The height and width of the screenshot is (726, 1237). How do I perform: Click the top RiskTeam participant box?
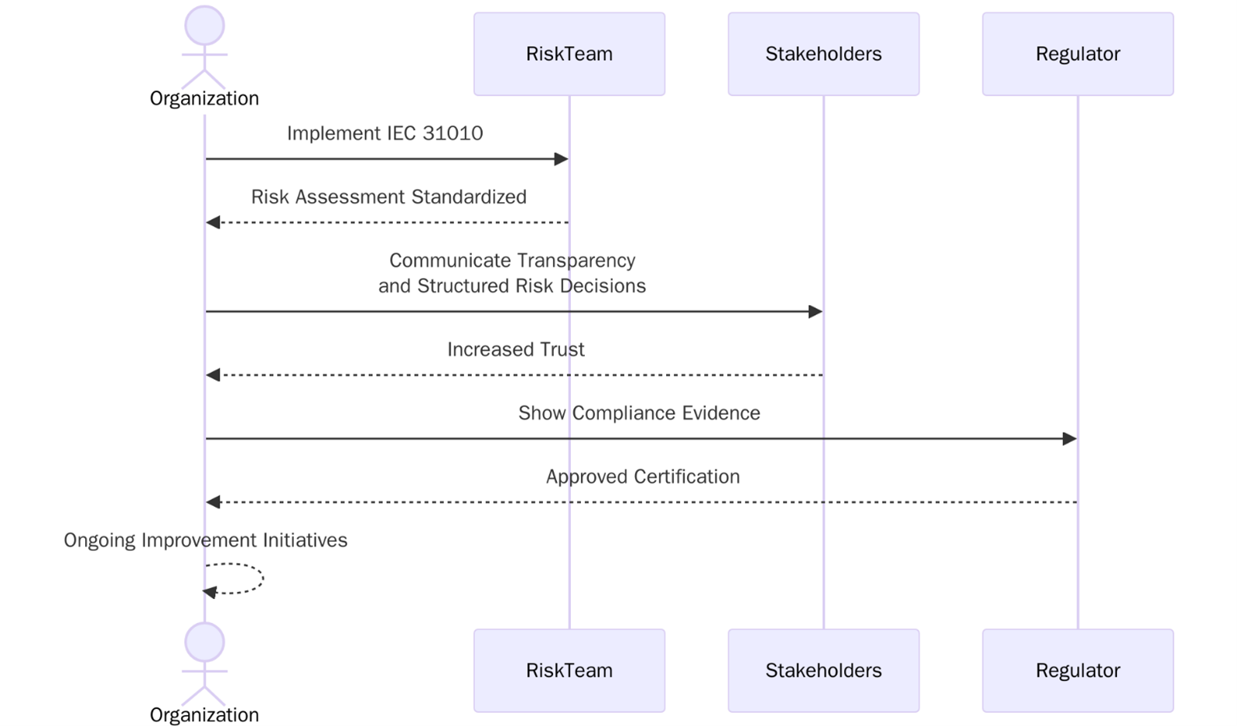pos(569,54)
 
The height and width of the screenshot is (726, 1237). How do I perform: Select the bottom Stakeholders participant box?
pos(823,670)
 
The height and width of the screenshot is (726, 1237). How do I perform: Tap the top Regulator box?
pos(1077,54)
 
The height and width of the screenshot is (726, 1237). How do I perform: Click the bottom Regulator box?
pos(1077,670)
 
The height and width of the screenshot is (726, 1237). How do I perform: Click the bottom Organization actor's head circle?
pos(204,642)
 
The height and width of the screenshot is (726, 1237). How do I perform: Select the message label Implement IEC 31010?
pos(384,133)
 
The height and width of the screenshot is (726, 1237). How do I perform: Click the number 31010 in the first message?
pos(453,133)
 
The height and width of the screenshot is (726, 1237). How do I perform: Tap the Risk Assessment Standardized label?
pos(388,197)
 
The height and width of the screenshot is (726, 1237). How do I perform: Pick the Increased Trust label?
pos(515,349)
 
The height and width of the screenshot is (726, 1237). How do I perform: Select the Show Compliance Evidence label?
pos(639,413)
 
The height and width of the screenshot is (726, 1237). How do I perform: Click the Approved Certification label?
pos(642,476)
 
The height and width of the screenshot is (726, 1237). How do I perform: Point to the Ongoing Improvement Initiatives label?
pos(205,539)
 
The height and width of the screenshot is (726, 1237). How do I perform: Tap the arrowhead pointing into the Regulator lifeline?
pos(1070,439)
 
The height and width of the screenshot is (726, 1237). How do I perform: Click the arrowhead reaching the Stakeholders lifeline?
pos(815,312)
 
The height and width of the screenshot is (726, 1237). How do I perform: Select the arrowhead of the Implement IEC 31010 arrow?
pos(562,159)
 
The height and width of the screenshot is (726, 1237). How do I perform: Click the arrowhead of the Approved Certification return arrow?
pos(213,502)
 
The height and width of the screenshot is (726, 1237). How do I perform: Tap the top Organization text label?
pos(204,98)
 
